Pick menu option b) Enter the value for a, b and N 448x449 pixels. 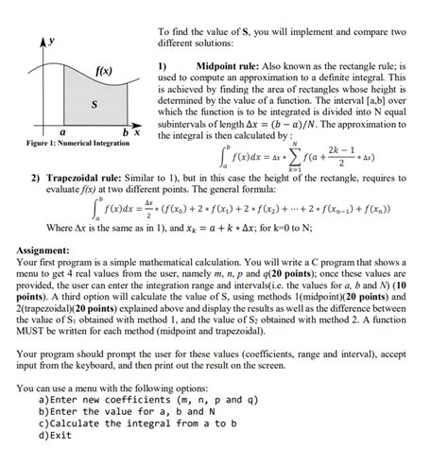122,411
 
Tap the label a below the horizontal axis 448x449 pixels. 62,133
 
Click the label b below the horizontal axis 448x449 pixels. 124,131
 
